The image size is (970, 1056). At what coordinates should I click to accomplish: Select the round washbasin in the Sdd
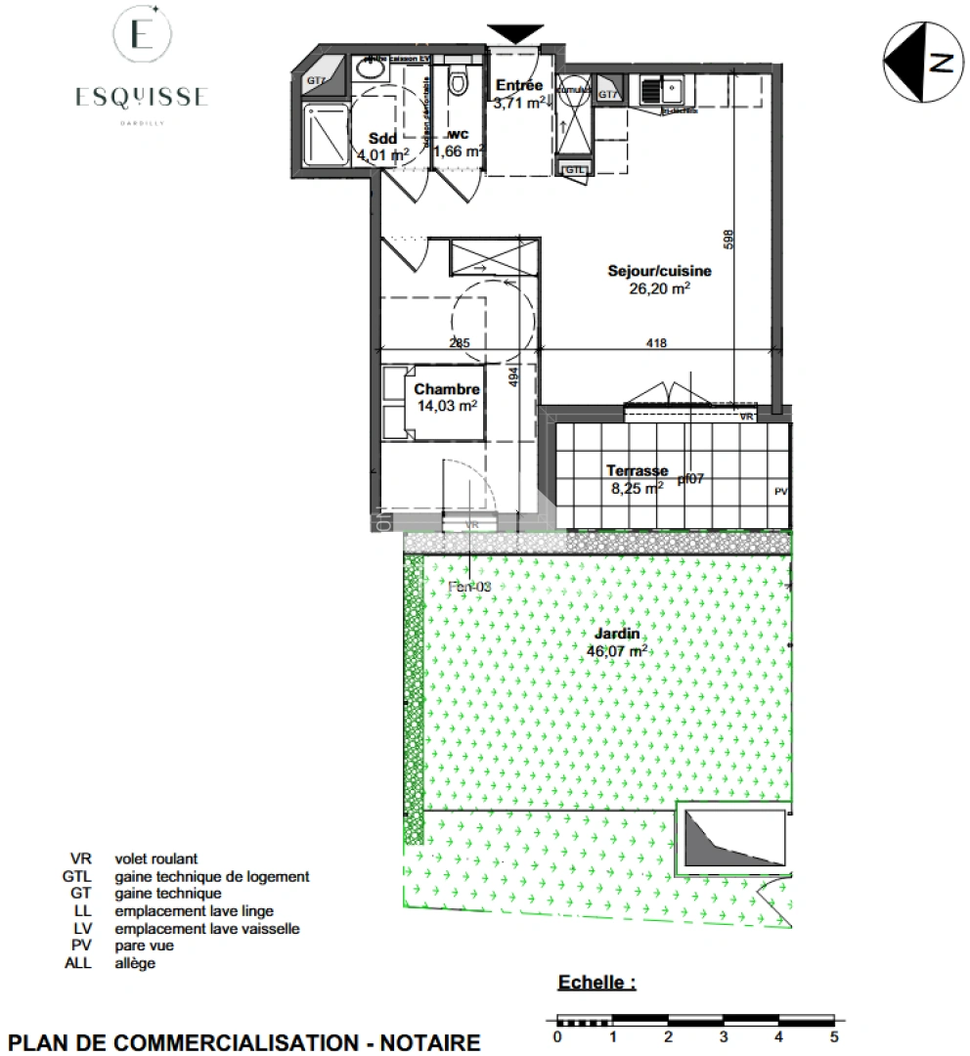[x=371, y=69]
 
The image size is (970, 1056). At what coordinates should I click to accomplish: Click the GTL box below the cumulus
[x=575, y=170]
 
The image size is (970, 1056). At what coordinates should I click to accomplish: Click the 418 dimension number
[x=657, y=342]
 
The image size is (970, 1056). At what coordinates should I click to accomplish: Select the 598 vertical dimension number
[x=728, y=241]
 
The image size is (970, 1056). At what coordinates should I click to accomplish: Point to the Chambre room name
[x=447, y=389]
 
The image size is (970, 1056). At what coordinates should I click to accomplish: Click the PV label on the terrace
[x=780, y=491]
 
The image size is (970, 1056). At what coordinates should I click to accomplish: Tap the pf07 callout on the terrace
[x=690, y=479]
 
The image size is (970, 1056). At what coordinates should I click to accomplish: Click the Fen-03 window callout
[x=469, y=587]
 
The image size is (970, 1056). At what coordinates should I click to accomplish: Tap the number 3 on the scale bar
[x=723, y=1037]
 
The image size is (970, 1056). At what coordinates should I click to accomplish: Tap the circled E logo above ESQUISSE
[x=142, y=36]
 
